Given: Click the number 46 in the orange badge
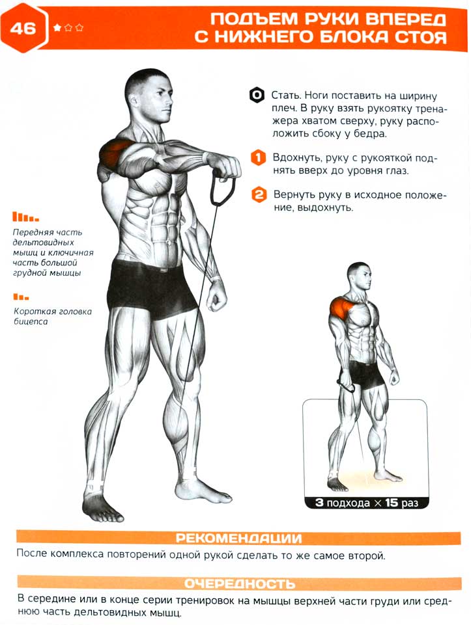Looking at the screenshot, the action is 23,29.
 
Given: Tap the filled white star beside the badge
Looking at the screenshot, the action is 57,27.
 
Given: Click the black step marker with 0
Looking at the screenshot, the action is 257,95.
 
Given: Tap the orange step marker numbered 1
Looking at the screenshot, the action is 258,157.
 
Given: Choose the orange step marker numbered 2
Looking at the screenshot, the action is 259,194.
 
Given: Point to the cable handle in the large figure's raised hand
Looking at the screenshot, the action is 222,187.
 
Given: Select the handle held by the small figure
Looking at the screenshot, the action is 346,385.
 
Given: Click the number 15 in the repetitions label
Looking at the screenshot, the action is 392,502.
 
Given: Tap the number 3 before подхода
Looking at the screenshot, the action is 319,502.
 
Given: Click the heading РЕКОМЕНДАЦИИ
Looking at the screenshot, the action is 238,538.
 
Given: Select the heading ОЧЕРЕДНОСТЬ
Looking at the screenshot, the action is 240,583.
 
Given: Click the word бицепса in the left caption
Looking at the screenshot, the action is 31,322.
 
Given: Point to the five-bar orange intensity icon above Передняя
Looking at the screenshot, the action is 25,217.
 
